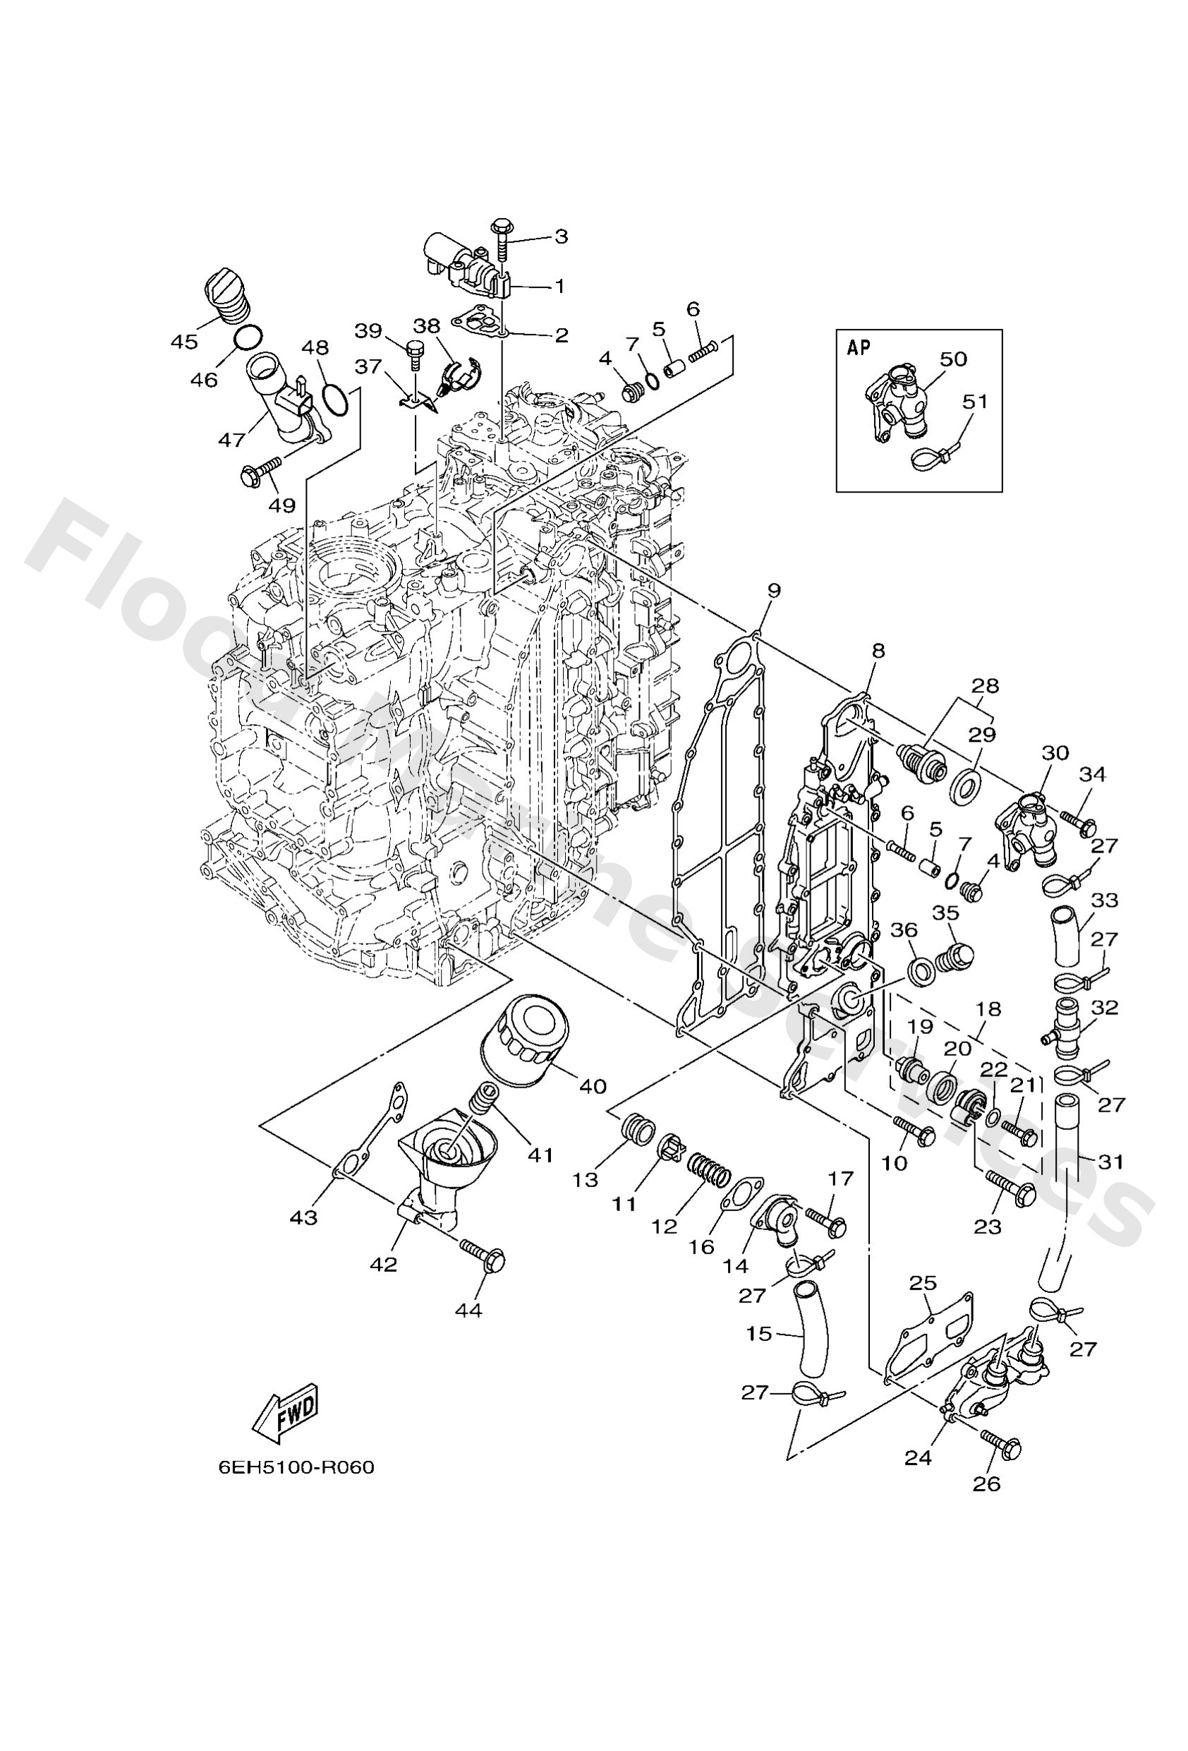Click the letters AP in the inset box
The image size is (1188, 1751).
point(859,347)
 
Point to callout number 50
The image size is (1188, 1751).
point(953,359)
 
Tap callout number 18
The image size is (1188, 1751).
point(988,1009)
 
